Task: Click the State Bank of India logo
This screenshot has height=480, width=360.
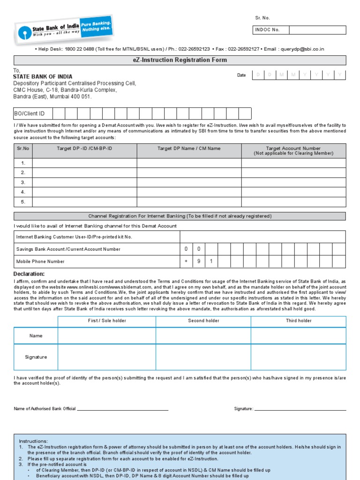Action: (64, 29)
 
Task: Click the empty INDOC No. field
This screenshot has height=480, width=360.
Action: (317, 30)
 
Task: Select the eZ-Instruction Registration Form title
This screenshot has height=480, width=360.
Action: (180, 60)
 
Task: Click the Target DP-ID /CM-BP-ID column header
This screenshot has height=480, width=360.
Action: (84, 149)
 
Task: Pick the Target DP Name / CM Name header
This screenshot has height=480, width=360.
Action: (189, 149)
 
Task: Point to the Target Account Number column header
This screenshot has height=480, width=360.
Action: (293, 150)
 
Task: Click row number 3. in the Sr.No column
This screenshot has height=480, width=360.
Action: (23, 182)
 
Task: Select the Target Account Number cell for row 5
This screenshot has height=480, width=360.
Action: (293, 202)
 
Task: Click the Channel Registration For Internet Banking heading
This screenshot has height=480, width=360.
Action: (180, 216)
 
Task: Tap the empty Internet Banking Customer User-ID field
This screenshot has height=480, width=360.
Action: (262, 237)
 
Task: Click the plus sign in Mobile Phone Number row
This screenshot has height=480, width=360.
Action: (186, 261)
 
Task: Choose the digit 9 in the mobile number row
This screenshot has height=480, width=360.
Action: (199, 261)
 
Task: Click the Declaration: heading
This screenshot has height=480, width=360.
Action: (29, 274)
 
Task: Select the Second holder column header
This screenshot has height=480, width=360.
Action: (203, 321)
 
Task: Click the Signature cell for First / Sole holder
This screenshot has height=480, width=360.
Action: (107, 357)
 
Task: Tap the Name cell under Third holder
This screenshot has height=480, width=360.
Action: (298, 336)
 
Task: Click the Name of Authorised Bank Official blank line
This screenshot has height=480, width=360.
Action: (122, 409)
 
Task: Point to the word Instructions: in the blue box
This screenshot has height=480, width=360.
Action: (33, 441)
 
